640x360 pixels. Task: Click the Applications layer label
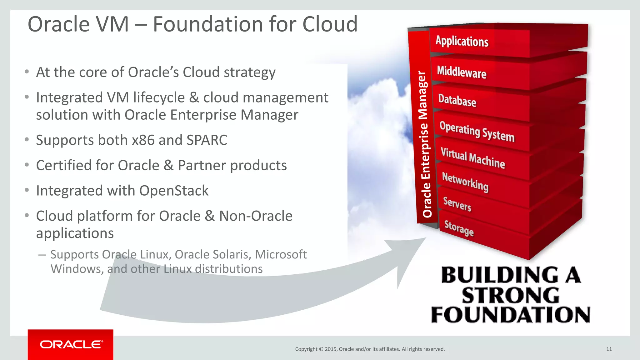(x=462, y=41)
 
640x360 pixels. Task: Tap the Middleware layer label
(x=462, y=72)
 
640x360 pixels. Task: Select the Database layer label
(x=457, y=100)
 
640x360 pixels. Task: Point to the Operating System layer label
(x=477, y=132)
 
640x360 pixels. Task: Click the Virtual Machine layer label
(x=473, y=158)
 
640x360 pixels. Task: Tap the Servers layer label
(x=457, y=204)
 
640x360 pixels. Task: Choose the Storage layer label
(x=459, y=228)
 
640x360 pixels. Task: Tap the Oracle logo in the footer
(x=71, y=344)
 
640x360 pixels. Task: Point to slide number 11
(x=609, y=349)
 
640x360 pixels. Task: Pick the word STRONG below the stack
(x=511, y=296)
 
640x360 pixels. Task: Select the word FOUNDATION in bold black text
(x=511, y=315)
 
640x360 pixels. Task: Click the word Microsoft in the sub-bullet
(x=281, y=254)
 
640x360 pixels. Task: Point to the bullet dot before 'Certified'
(x=27, y=165)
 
